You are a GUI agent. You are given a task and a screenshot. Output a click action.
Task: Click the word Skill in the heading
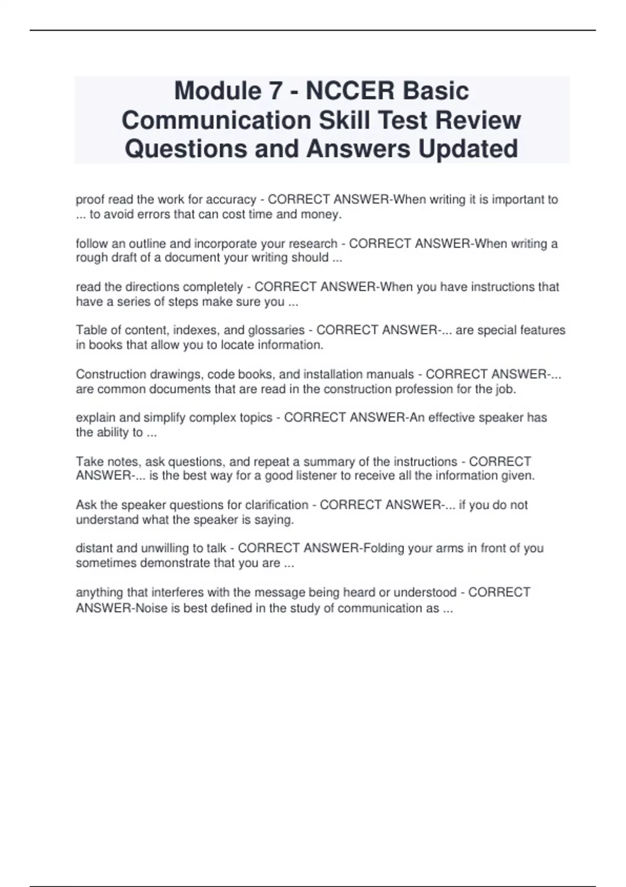click(x=344, y=120)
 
